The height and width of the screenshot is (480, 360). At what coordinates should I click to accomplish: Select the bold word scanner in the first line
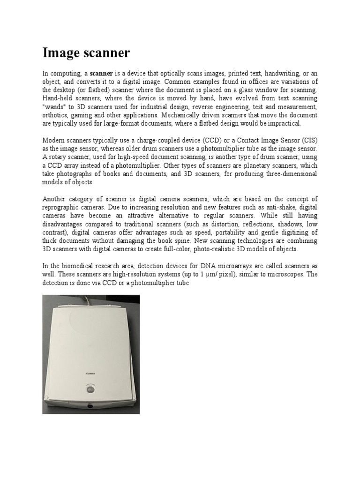click(101, 74)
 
